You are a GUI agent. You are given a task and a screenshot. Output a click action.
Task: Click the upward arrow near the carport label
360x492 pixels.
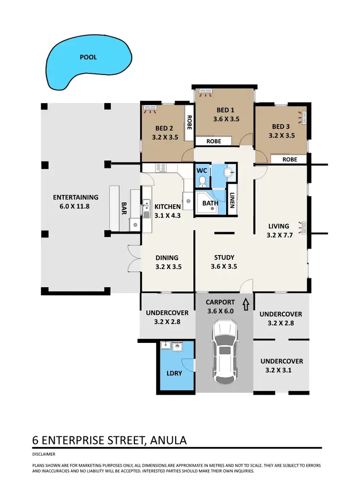[x=247, y=304]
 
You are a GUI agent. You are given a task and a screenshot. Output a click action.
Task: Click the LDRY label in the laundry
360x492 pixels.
[x=175, y=373]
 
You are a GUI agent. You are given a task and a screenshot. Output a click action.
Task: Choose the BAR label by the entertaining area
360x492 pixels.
[x=124, y=208]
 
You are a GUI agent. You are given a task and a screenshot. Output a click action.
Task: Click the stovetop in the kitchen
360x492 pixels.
[x=161, y=168]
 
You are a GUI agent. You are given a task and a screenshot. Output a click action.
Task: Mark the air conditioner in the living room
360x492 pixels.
[x=303, y=226]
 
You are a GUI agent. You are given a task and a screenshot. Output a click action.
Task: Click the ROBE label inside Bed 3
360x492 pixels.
[x=289, y=159]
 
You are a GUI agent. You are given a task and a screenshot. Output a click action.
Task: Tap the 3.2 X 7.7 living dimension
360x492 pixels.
[x=281, y=235]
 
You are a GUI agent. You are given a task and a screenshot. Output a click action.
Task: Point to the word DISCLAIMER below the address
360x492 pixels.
[x=44, y=454]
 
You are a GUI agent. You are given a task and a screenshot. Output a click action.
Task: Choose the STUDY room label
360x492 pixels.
[x=224, y=258]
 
